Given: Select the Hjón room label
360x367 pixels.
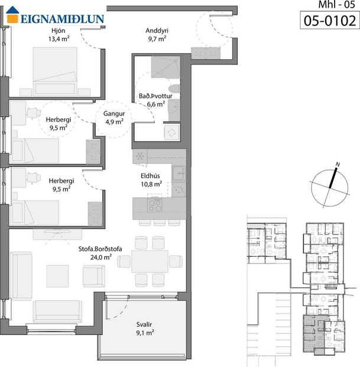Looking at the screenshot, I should click(58, 31).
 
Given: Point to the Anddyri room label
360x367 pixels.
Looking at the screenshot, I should click(157, 31).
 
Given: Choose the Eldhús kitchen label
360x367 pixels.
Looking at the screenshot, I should click(156, 175).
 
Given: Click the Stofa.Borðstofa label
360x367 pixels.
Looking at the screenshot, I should click(100, 249).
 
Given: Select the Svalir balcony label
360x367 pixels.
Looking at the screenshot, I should click(144, 324).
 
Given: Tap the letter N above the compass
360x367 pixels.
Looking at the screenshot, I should click(338, 165).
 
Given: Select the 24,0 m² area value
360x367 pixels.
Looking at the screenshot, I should click(100, 257).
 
